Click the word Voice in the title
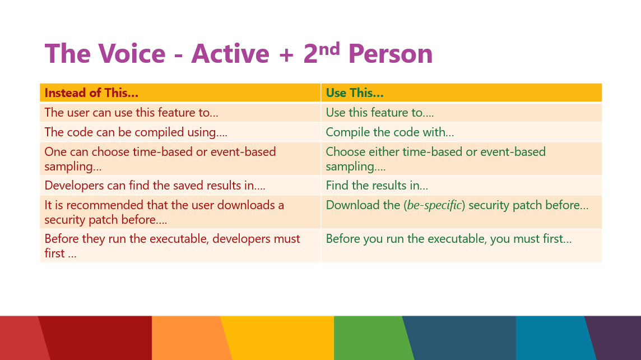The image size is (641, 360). [132, 54]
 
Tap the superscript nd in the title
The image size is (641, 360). [329, 49]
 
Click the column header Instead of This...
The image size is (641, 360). [91, 93]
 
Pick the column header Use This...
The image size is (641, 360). [355, 93]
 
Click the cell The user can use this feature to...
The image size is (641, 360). [131, 113]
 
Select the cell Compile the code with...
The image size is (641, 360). [389, 132]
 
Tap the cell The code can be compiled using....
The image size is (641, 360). [136, 132]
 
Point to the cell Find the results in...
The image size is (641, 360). [377, 185]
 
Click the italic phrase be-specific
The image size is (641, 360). [434, 205]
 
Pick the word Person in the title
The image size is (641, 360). [391, 54]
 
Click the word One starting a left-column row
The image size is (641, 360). [55, 152]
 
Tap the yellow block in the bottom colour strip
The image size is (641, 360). [278, 338]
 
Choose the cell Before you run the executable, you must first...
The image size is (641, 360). [448, 238]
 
